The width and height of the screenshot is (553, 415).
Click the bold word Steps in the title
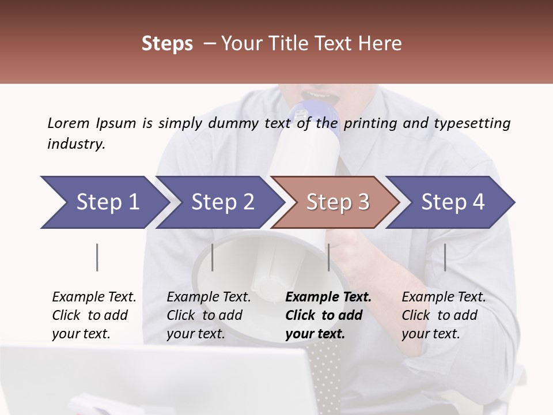[167, 44]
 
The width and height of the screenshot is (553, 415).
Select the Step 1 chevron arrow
[104, 202]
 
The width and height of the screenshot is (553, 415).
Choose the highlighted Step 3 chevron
[337, 202]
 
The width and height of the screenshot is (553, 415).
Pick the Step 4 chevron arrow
[452, 202]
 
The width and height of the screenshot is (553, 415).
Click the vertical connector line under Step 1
[97, 257]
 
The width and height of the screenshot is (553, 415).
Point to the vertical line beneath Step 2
[213, 257]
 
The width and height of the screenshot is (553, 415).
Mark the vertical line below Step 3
[328, 257]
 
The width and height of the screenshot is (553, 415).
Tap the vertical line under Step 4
[445, 257]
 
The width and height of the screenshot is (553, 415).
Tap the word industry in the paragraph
[75, 144]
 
